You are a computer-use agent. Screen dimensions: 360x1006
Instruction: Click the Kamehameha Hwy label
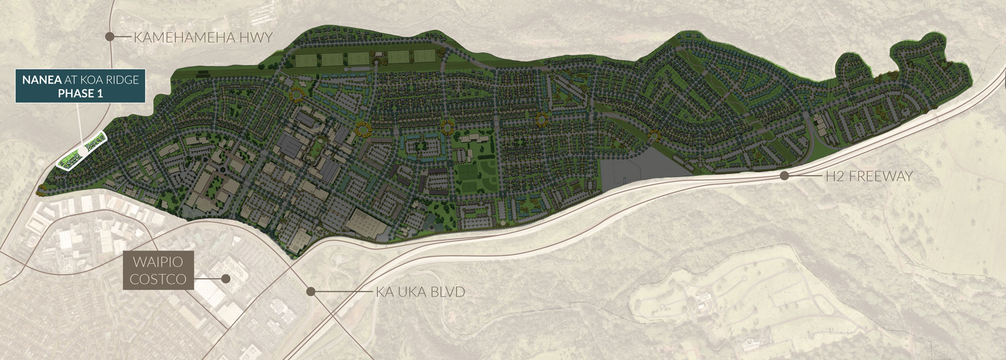203,38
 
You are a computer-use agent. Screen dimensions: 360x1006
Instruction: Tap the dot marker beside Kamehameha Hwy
110,37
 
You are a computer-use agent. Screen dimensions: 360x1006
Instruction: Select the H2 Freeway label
869,177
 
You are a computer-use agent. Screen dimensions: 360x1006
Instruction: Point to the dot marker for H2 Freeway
784,176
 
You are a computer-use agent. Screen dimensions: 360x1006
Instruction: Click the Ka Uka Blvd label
420,292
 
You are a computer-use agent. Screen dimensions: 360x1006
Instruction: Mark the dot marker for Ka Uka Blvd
311,291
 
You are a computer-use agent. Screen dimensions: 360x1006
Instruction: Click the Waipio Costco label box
158,270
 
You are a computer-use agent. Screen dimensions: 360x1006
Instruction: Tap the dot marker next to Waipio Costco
226,279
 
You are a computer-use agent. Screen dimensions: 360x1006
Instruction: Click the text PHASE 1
80,94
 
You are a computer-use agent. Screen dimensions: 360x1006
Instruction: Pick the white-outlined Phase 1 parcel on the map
81,153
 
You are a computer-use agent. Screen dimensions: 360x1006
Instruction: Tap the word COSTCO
158,279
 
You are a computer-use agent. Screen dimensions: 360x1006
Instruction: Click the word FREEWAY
881,177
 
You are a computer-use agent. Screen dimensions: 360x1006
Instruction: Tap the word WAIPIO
158,261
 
